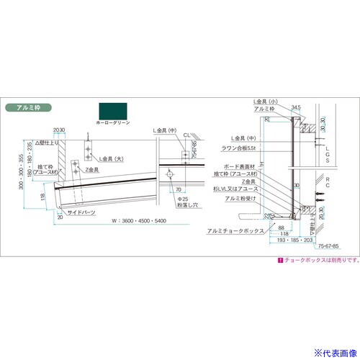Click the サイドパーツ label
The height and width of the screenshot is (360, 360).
point(81,213)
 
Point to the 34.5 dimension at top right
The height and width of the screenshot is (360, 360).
point(294,107)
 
